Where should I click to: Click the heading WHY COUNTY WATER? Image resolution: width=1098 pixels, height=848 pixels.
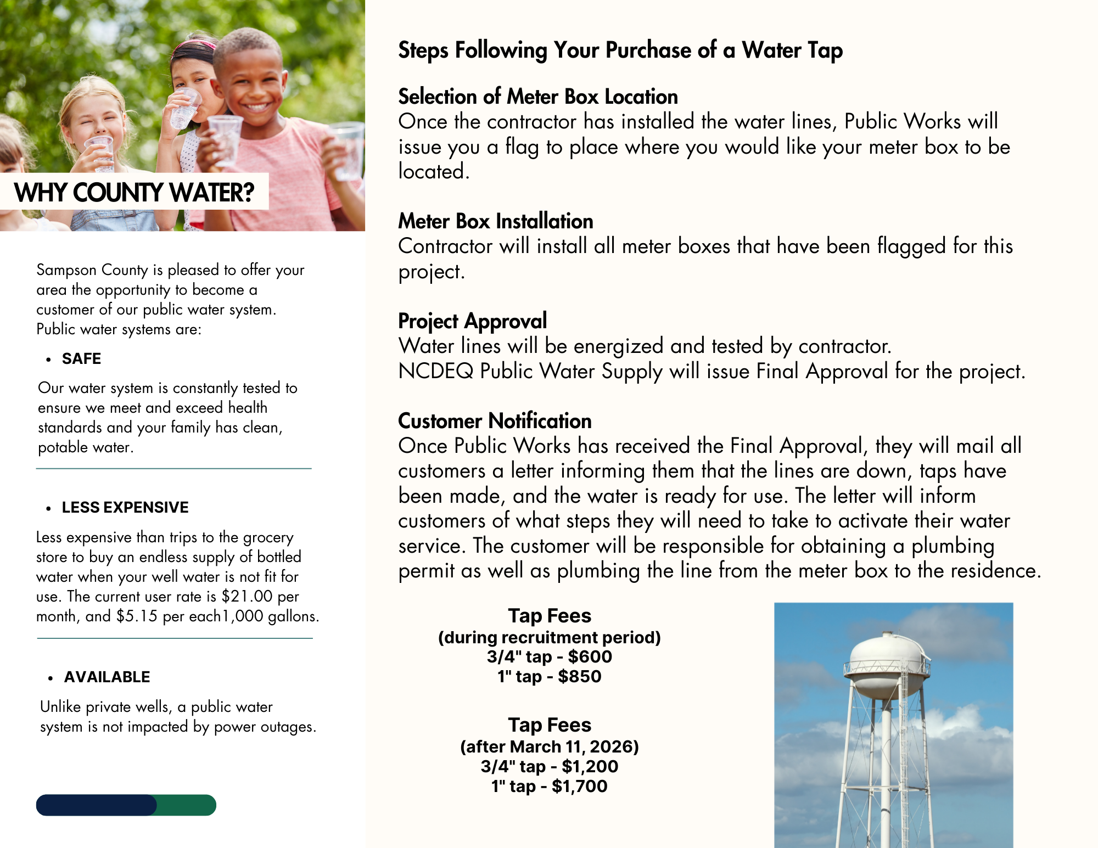(135, 193)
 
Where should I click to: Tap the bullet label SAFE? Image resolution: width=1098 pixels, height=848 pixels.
(81, 359)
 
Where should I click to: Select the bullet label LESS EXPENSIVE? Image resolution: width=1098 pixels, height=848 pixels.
(125, 508)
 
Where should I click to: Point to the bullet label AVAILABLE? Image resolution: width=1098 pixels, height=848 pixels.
(107, 677)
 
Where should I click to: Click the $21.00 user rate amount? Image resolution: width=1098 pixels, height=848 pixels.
(247, 597)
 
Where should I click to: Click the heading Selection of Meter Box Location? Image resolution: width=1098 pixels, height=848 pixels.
(537, 97)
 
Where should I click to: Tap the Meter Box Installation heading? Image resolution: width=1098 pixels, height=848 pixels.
(495, 221)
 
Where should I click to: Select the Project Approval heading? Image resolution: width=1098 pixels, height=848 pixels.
(472, 321)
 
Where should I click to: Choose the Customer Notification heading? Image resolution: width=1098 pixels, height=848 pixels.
(495, 421)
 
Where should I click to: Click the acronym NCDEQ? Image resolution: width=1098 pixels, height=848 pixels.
(435, 372)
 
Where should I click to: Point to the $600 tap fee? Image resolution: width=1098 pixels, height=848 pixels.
(590, 657)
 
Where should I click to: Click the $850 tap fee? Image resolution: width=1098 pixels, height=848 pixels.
(580, 677)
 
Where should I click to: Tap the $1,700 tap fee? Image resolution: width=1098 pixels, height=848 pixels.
(580, 787)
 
